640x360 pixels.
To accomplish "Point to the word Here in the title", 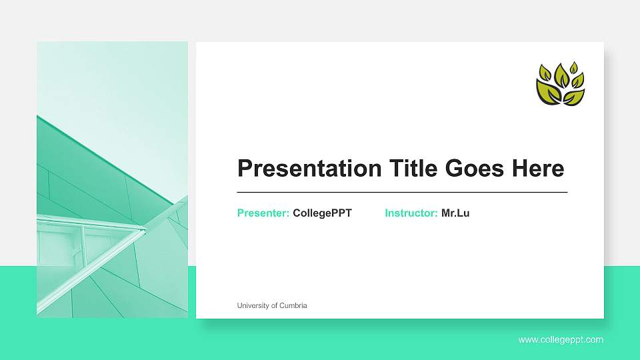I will pos(537,169).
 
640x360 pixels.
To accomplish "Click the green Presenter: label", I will pos(263,213).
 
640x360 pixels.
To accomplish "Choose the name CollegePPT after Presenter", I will pos(322,213).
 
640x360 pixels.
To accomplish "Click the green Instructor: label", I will pos(411,213).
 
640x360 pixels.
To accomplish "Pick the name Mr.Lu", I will pos(455,213).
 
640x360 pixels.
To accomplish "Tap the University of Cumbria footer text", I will pos(272,305).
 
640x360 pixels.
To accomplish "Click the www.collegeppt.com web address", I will pos(561,340).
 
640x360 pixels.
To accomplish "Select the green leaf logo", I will pos(560,84).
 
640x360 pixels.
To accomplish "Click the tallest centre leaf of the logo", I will pos(561,75).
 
